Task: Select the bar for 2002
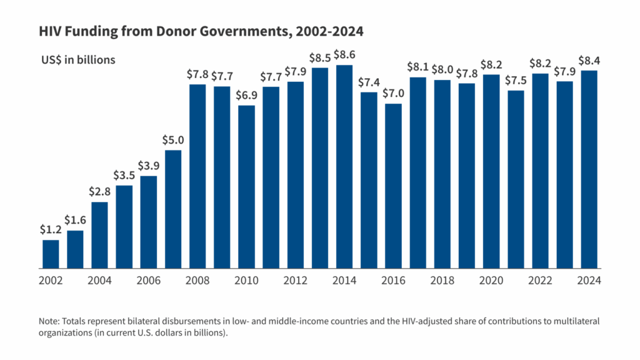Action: point(51,254)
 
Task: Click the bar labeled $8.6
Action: point(344,166)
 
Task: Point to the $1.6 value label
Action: point(76,220)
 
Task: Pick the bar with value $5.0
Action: point(173,209)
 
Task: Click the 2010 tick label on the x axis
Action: point(246,281)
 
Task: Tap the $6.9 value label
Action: point(246,95)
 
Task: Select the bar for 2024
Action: point(589,169)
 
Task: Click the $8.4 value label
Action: point(589,60)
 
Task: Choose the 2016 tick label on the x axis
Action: point(393,281)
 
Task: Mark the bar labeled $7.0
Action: point(393,186)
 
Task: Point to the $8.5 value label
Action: point(320,57)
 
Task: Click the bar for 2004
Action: point(99,235)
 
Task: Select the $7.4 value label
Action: point(369,82)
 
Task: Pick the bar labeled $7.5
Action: point(516,179)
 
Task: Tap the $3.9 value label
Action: point(149,166)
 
